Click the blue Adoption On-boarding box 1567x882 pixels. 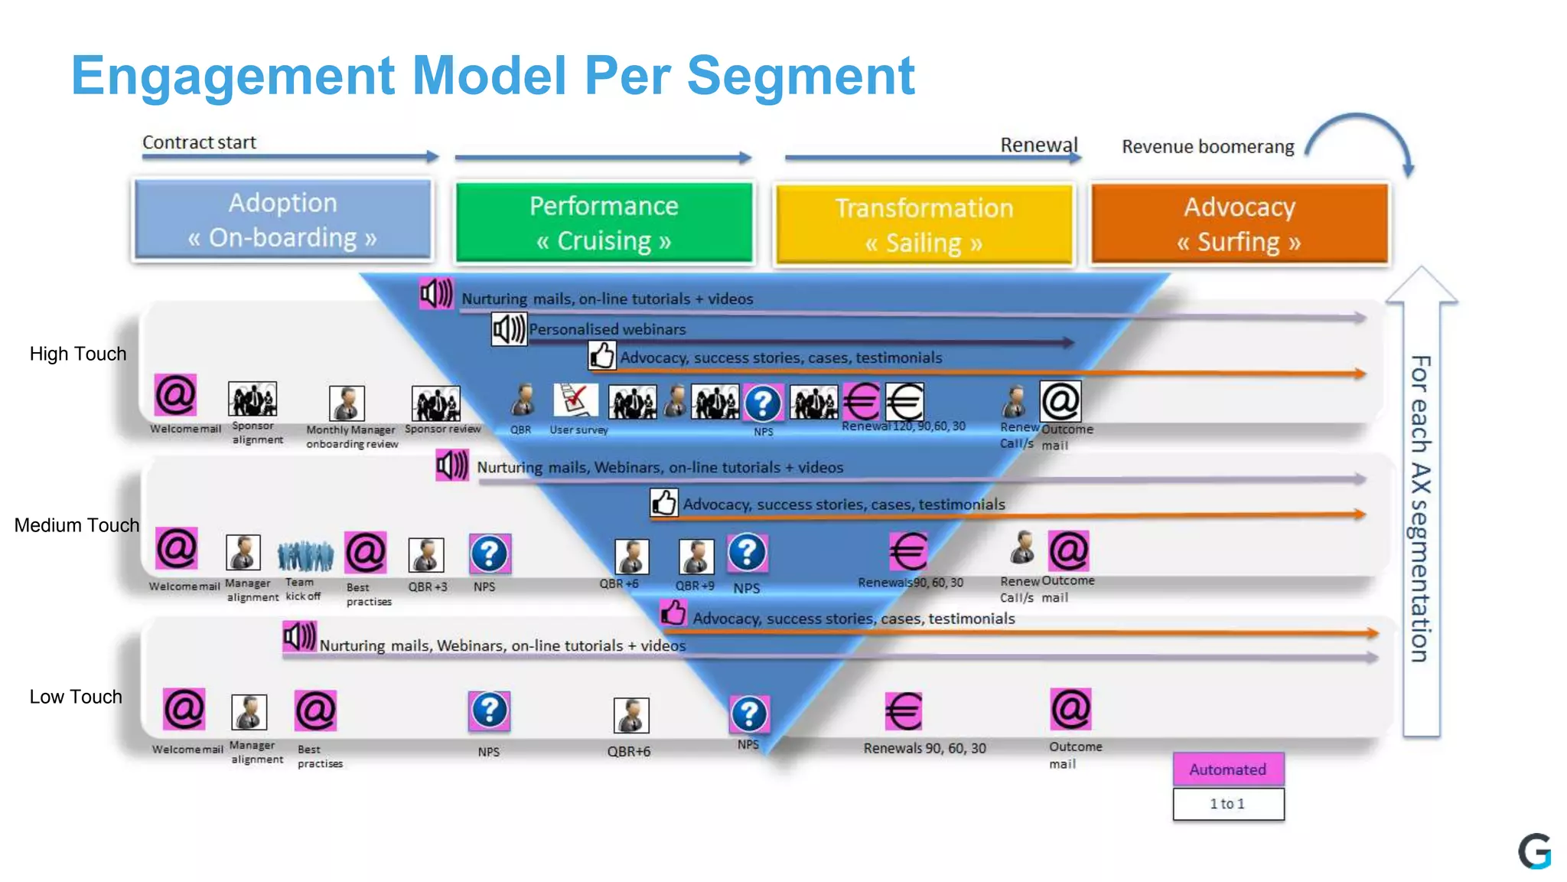point(282,220)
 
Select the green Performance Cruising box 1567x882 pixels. point(604,222)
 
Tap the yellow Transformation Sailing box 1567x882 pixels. point(924,224)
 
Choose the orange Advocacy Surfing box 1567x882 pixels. point(1240,224)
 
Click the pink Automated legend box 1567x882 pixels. point(1228,769)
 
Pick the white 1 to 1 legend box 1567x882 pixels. point(1228,804)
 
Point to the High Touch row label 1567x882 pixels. point(77,354)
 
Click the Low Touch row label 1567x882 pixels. point(76,697)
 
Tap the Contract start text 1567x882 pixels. point(199,142)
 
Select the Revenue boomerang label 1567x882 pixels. point(1207,146)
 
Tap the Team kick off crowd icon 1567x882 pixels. point(305,556)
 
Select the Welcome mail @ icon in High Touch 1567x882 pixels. point(175,396)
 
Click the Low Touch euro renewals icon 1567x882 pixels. point(904,711)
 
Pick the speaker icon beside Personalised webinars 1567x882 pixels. point(509,330)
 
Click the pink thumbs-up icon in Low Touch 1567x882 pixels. point(673,612)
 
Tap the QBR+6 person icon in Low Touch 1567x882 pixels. point(631,715)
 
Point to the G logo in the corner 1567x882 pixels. point(1535,851)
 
